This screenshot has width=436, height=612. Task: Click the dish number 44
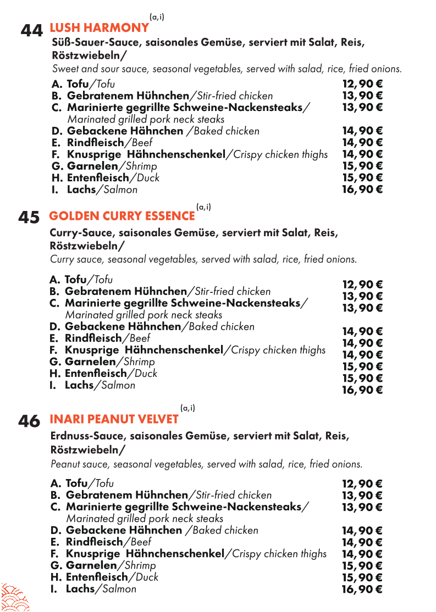pyautogui.click(x=32, y=31)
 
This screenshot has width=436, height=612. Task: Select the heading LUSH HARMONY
pyautogui.click(x=99, y=27)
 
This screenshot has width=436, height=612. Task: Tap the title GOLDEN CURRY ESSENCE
pyautogui.click(x=122, y=216)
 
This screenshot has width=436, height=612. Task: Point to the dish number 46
pyautogui.click(x=29, y=421)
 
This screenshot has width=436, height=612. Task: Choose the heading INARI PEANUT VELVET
pyautogui.click(x=114, y=419)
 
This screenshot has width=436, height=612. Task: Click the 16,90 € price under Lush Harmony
pyautogui.click(x=362, y=190)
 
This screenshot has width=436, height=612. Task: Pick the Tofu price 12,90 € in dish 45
pyautogui.click(x=362, y=285)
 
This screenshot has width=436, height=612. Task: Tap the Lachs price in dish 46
pyautogui.click(x=362, y=589)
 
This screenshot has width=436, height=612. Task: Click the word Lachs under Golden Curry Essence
pyautogui.click(x=79, y=385)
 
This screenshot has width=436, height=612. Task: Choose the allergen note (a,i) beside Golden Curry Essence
pyautogui.click(x=203, y=207)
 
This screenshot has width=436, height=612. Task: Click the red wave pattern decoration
pyautogui.click(x=14, y=597)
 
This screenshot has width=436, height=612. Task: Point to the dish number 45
pyautogui.click(x=29, y=218)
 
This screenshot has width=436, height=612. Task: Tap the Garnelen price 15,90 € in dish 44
pyautogui.click(x=362, y=166)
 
